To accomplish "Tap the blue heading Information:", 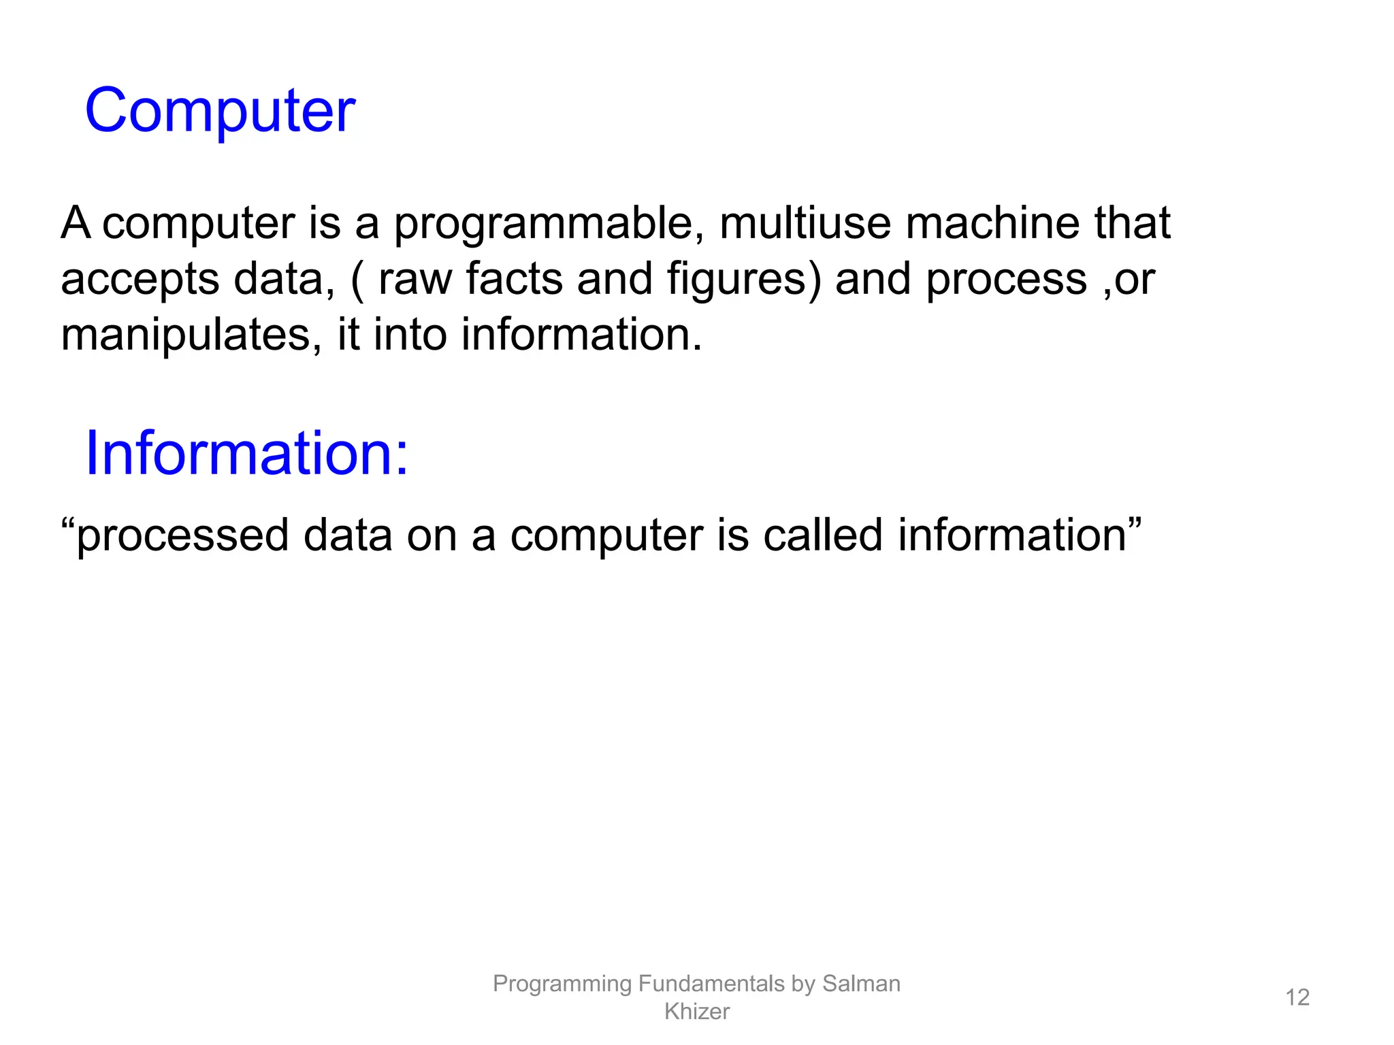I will [x=246, y=454].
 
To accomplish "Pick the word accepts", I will [x=140, y=280].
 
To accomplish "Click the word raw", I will [x=415, y=280].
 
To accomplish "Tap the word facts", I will [x=514, y=279].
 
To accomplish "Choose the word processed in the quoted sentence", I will [x=182, y=537].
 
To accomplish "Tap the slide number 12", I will [x=1297, y=997].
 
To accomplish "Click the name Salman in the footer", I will [x=861, y=984].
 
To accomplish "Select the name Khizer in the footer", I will [x=697, y=1012].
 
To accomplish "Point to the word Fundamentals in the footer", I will [x=711, y=984].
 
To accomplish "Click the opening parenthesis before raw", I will [x=357, y=280].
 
